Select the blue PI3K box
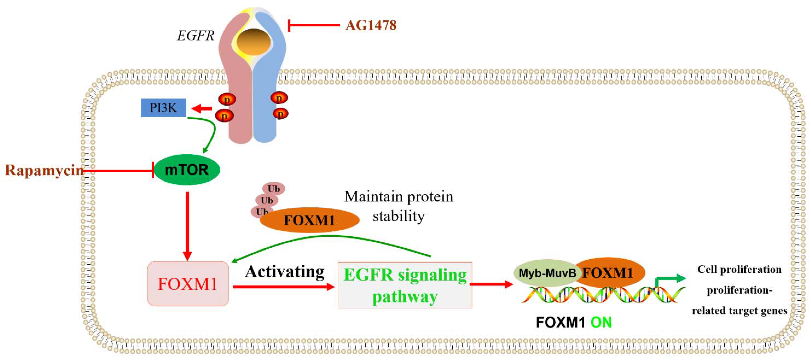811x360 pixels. tap(163, 108)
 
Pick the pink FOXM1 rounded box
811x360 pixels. tap(188, 284)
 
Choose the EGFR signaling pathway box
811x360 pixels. tap(405, 285)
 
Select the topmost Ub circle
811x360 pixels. tap(274, 189)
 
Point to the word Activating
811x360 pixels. tap(285, 271)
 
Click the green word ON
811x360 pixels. tap(601, 323)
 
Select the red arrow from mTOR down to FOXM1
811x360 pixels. tap(187, 225)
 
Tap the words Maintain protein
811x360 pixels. tap(399, 197)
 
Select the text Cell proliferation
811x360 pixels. tap(739, 269)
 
